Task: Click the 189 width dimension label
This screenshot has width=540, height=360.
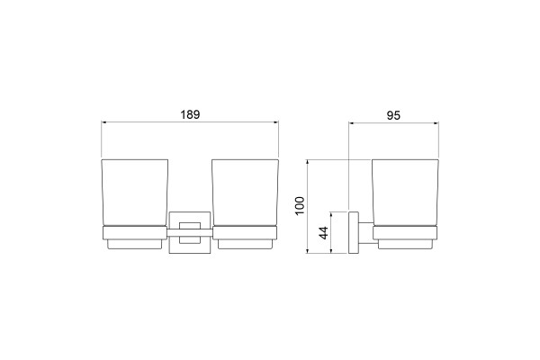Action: click(x=190, y=114)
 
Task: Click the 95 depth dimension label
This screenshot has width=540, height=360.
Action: click(x=393, y=115)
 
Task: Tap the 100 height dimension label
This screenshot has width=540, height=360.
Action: click(x=300, y=206)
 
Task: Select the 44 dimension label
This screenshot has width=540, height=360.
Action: click(x=324, y=233)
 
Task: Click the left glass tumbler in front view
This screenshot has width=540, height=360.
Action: click(x=135, y=193)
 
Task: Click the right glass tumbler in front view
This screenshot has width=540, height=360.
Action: click(x=245, y=193)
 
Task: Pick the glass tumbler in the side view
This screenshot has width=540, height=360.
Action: click(x=405, y=193)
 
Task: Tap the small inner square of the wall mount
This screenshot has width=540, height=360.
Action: click(x=189, y=233)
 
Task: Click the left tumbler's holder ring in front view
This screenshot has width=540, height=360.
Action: click(x=135, y=233)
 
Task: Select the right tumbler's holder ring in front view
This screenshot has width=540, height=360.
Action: click(x=245, y=233)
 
